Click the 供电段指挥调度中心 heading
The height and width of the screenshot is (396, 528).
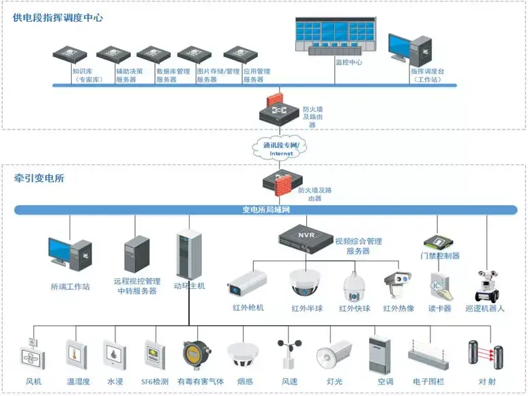click(58, 18)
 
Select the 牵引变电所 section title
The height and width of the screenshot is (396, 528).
click(40, 179)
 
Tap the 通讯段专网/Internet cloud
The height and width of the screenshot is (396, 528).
click(281, 149)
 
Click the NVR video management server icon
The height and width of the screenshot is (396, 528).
click(305, 237)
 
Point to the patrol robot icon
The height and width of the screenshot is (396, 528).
click(488, 286)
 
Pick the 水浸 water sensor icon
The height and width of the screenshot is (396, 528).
click(114, 354)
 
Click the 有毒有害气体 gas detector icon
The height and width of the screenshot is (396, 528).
click(194, 355)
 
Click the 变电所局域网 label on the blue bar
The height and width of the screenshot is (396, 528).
click(271, 210)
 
